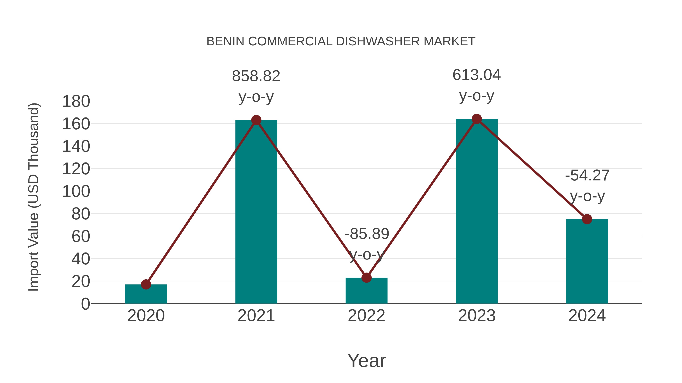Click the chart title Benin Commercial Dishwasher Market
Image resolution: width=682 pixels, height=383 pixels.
(341, 41)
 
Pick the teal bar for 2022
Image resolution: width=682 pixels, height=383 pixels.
(366, 291)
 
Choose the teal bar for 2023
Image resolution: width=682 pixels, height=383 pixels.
(477, 211)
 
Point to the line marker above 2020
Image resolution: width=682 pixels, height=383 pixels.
(146, 284)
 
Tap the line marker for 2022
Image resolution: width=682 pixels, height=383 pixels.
(366, 277)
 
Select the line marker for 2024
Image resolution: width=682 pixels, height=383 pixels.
(587, 219)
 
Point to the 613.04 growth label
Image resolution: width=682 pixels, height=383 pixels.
(477, 75)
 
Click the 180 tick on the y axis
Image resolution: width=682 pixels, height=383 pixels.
(76, 102)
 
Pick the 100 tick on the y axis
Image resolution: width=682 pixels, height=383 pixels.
(76, 191)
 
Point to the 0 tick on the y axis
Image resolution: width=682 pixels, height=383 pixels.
(85, 304)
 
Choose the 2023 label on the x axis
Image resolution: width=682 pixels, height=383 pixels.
(477, 316)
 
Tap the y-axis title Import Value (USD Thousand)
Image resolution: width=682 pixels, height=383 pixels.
(34, 197)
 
